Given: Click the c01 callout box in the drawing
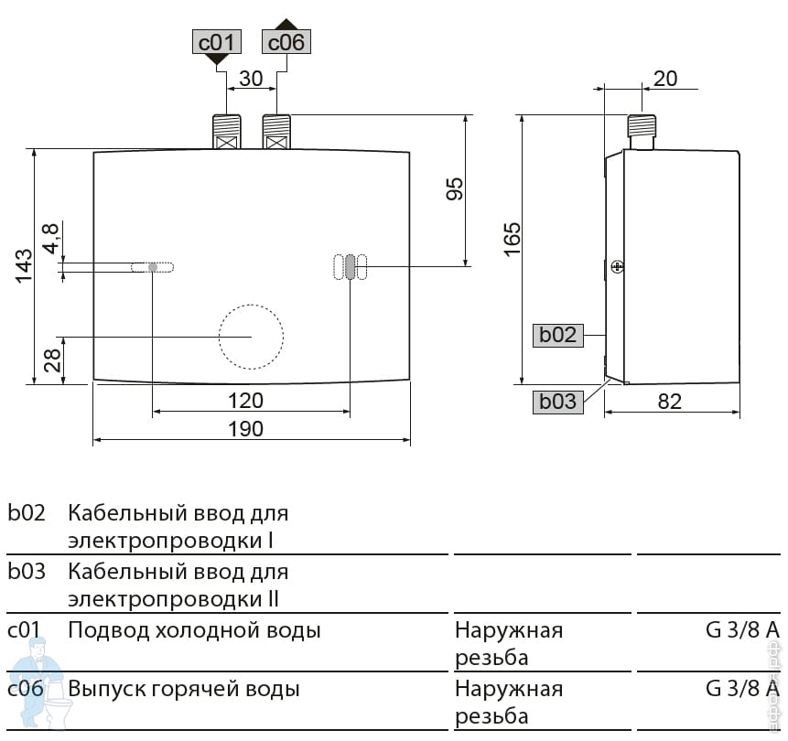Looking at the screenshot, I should point(217,42).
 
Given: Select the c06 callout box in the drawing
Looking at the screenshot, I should point(286,42).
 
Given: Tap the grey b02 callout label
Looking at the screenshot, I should point(557,335).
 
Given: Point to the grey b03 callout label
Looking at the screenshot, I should point(557,401).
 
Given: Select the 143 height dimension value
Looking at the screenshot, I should point(24,265).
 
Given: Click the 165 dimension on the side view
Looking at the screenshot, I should point(512,240).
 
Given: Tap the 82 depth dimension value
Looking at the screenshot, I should point(670,401).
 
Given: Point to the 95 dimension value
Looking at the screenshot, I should point(455,188).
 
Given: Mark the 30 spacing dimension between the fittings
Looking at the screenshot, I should point(251,79).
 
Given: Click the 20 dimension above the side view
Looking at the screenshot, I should point(665,79).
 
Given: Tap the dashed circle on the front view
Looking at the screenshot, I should point(251,337).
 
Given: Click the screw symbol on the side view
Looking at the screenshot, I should point(617,266).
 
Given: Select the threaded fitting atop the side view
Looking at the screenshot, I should point(641,130).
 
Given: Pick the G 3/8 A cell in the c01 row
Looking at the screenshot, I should point(742,630).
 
